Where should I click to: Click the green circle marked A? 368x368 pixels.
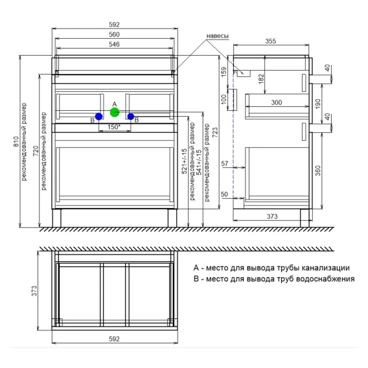(x=115, y=113)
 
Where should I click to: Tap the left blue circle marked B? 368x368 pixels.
(x=99, y=117)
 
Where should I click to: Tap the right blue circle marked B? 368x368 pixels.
(x=131, y=117)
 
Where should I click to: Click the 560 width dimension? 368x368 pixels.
(x=114, y=34)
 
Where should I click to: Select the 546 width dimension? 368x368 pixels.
(x=114, y=44)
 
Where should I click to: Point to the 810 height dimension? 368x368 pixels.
(x=16, y=141)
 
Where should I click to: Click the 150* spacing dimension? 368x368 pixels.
(x=114, y=127)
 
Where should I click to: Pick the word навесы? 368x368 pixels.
(x=217, y=36)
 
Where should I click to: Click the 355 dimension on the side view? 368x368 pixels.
(x=271, y=41)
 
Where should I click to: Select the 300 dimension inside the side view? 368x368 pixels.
(x=277, y=102)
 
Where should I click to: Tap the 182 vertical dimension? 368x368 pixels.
(x=261, y=79)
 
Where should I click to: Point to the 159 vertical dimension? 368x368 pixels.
(x=224, y=72)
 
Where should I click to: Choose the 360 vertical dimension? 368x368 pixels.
(x=317, y=171)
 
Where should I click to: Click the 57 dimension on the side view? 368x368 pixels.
(x=225, y=163)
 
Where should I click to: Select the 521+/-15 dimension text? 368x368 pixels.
(x=185, y=161)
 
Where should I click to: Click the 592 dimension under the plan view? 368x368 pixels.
(x=114, y=339)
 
